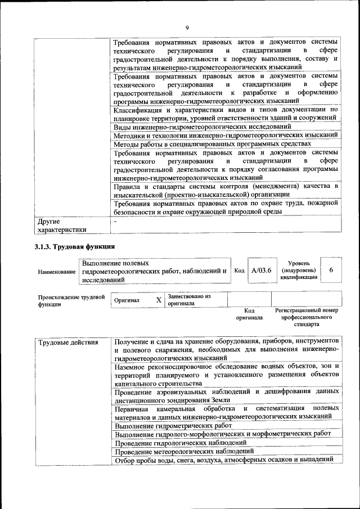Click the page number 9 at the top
[x=186, y=28]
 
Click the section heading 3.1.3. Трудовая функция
[x=74, y=246]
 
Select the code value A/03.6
[x=261, y=271]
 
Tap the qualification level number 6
[x=331, y=271]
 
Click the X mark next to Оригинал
[x=159, y=300]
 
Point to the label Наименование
[x=57, y=272]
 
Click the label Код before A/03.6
[x=239, y=271]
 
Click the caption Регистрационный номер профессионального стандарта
[x=306, y=317]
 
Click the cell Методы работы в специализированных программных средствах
[x=212, y=144]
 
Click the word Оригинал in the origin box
[x=127, y=300]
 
